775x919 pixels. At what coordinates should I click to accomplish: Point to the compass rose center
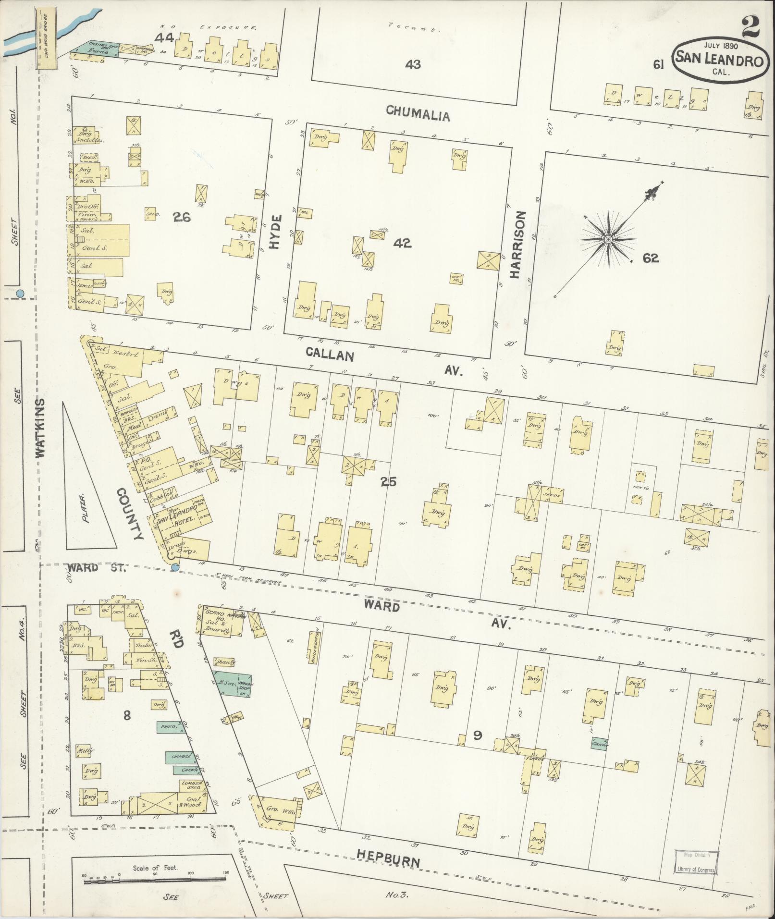tap(608, 239)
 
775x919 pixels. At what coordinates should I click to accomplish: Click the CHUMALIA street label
tap(418, 115)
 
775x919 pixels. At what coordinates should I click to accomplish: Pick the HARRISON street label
tap(516, 245)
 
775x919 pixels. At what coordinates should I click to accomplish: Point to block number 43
tap(413, 63)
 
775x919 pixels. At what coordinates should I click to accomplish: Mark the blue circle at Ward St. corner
tap(175, 568)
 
